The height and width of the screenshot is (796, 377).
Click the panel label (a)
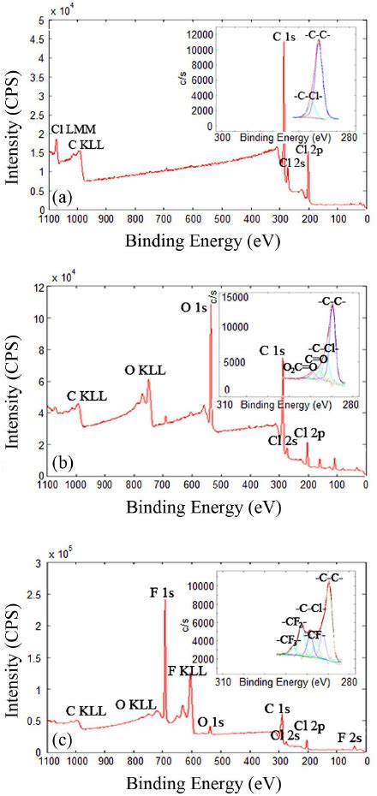point(61,198)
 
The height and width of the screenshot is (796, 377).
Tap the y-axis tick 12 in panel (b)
point(39,288)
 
